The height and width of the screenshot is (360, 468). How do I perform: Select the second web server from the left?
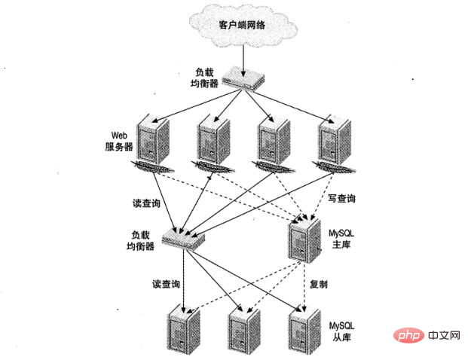[x=213, y=140]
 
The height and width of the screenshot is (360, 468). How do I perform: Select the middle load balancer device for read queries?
[x=182, y=240]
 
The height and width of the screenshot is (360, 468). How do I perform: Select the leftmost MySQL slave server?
[x=179, y=330]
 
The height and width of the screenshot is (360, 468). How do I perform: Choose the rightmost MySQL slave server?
[x=301, y=330]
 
